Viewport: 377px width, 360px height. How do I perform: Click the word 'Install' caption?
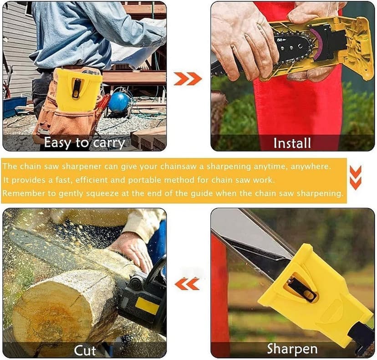click(x=292, y=143)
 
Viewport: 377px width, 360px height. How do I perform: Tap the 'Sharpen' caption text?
click(x=292, y=349)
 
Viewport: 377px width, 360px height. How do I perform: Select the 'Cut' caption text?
click(x=85, y=350)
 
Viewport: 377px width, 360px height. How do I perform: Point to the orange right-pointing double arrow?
click(x=188, y=79)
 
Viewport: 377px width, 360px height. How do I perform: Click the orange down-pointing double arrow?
click(x=355, y=178)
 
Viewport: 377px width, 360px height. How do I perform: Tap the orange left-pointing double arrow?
click(x=187, y=284)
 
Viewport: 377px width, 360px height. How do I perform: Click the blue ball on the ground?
click(x=119, y=102)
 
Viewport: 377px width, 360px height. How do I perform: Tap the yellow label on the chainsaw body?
click(x=147, y=305)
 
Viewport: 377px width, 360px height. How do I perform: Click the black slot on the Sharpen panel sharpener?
click(x=301, y=289)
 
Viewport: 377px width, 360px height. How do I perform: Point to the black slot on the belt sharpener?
click(x=76, y=88)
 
